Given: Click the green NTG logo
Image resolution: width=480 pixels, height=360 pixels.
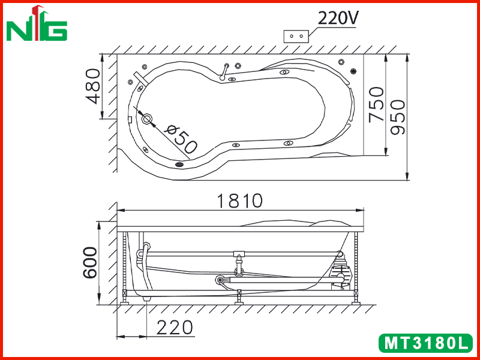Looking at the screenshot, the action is (x=37, y=23).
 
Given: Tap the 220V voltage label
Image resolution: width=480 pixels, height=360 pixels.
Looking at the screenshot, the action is (x=338, y=19).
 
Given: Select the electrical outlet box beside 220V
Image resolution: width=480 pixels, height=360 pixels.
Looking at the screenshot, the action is (x=296, y=36).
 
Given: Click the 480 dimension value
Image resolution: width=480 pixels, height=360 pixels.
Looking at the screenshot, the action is (x=93, y=86).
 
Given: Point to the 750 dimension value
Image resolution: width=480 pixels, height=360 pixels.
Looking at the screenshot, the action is (x=376, y=104).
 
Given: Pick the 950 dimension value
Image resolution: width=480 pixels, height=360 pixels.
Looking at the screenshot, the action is (x=398, y=117).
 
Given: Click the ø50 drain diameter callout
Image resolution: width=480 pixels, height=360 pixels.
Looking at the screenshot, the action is (x=181, y=139).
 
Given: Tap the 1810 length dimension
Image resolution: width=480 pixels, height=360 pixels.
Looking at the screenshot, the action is (x=239, y=201).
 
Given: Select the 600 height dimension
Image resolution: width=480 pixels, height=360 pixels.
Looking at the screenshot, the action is (x=90, y=262).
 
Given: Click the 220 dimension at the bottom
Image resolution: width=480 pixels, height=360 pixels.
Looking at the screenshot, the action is (x=175, y=328).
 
